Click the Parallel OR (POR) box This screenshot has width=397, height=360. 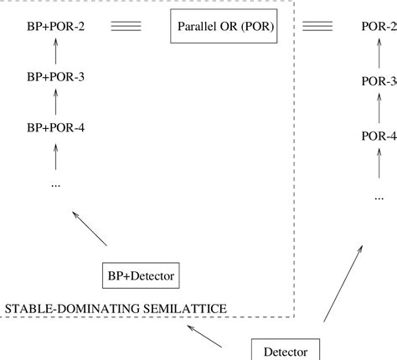(235, 27)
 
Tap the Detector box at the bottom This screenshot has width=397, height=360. (285, 351)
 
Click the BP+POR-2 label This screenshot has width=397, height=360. (55, 27)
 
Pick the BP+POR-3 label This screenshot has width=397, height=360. (55, 78)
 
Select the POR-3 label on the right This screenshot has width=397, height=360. (378, 82)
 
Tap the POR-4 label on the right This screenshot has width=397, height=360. (378, 136)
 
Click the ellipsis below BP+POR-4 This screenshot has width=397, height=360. (55, 182)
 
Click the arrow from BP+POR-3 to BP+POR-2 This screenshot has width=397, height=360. (55, 52)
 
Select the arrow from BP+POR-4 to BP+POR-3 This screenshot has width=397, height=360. (55, 103)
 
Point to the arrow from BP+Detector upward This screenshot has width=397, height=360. (90, 229)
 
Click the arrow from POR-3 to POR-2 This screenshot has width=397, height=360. (378, 55)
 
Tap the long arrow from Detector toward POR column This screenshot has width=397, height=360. (344, 284)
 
